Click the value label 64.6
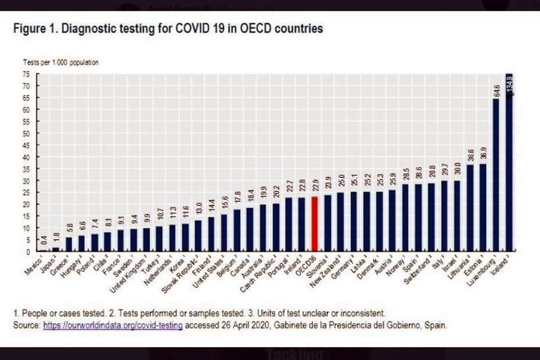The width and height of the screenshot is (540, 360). point(496,90)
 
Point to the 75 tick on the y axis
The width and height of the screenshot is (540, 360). point(26,74)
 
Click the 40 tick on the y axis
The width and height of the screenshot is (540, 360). point(26,157)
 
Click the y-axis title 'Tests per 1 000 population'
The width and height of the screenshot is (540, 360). point(60,62)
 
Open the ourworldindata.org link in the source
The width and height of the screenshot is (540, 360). point(112,326)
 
